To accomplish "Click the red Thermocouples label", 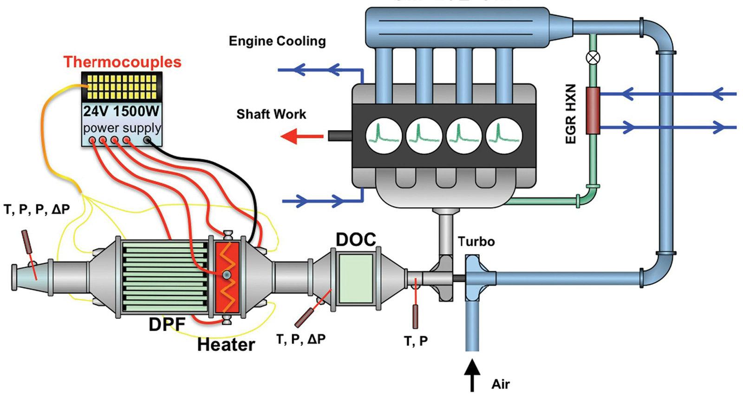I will pyautogui.click(x=122, y=62).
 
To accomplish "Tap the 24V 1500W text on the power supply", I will pyautogui.click(x=121, y=111).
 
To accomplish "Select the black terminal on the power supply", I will pyautogui.click(x=147, y=140).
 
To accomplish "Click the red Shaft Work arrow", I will pyautogui.click(x=302, y=137).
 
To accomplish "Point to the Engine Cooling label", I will pyautogui.click(x=277, y=41).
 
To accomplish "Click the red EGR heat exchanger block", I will pyautogui.click(x=593, y=111).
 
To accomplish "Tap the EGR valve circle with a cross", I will pyautogui.click(x=593, y=58).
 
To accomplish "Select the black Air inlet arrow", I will pyautogui.click(x=472, y=375).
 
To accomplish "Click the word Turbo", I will pyautogui.click(x=476, y=242).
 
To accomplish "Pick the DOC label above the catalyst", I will pyautogui.click(x=356, y=240).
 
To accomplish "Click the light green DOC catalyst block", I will pyautogui.click(x=356, y=279).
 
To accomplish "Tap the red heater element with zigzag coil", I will pyautogui.click(x=227, y=277).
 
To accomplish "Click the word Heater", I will pyautogui.click(x=226, y=345).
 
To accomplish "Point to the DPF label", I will pyautogui.click(x=167, y=324).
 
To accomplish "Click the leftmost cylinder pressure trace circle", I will pyautogui.click(x=384, y=136).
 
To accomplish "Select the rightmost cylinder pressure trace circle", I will pyautogui.click(x=504, y=136).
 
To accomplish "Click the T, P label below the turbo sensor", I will pyautogui.click(x=416, y=341).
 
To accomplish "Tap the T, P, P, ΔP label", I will pyautogui.click(x=37, y=209).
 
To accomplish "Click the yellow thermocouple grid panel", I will pyautogui.click(x=122, y=87).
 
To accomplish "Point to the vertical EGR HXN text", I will pyautogui.click(x=571, y=114).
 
